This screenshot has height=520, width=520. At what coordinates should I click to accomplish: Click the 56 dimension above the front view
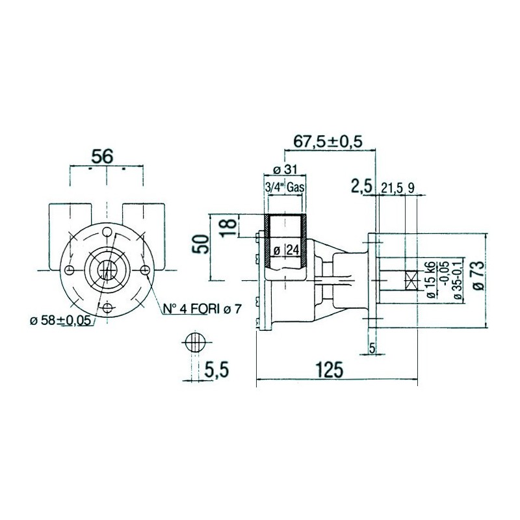[x=102, y=156]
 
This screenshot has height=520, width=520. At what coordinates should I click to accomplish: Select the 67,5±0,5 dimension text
[x=328, y=141]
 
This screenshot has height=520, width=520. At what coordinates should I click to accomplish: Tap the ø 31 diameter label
[x=285, y=170]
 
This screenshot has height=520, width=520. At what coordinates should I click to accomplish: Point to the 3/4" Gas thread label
[x=285, y=187]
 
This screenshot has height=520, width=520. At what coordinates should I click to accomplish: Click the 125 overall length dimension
[x=329, y=370]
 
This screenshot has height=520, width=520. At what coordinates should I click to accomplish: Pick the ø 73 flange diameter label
[x=478, y=276]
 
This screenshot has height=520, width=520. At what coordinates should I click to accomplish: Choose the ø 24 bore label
[x=286, y=250]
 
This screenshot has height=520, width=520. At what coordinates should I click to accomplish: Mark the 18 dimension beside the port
[x=229, y=225]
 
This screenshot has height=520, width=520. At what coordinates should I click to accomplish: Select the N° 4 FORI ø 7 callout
[x=201, y=309]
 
